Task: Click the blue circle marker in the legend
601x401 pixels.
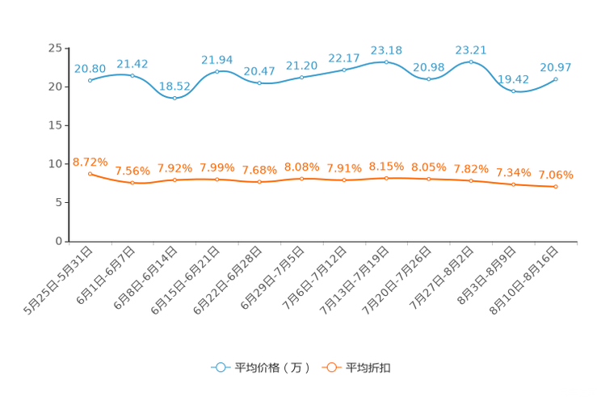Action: click(x=221, y=367)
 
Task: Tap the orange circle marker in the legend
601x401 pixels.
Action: click(x=330, y=367)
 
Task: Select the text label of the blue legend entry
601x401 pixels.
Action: click(x=271, y=368)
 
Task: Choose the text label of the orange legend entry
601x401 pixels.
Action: click(x=368, y=368)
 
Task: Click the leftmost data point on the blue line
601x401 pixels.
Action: click(x=90, y=80)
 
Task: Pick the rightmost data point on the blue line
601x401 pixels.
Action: click(x=556, y=78)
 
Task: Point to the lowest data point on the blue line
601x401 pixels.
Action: click(x=174, y=97)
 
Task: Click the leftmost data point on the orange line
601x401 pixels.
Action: click(x=90, y=173)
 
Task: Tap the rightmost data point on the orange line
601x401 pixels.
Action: click(x=556, y=187)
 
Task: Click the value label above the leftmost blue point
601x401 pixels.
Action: click(x=90, y=68)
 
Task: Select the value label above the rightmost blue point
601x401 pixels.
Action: click(x=556, y=66)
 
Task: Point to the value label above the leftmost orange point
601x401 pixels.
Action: click(x=90, y=161)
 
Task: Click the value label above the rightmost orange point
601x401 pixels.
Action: click(x=556, y=174)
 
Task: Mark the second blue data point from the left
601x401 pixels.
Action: click(x=132, y=75)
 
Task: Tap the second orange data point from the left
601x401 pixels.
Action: click(x=132, y=183)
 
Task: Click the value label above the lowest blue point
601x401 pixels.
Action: click(x=174, y=85)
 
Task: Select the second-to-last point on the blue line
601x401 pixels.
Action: click(x=513, y=91)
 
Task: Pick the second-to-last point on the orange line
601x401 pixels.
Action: click(x=513, y=184)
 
